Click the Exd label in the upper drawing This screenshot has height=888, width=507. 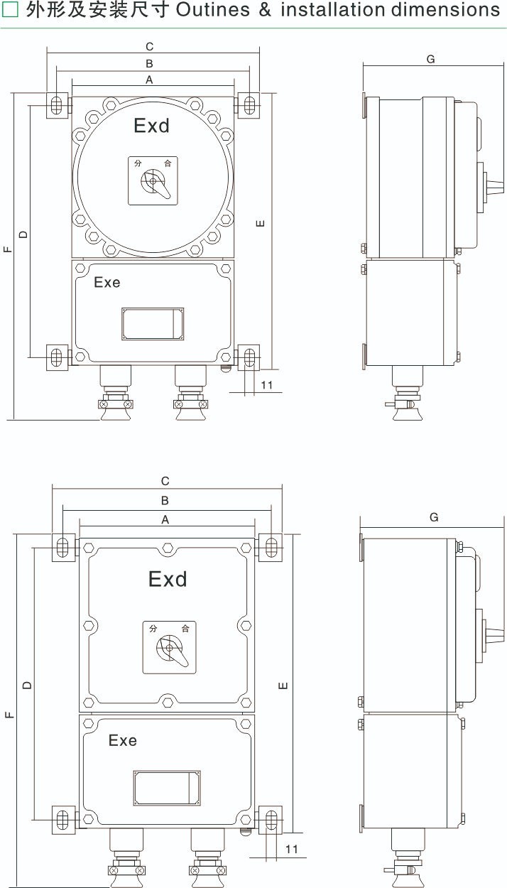coord(152,126)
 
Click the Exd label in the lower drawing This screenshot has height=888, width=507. coord(168,579)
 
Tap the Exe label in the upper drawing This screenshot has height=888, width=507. coord(107,282)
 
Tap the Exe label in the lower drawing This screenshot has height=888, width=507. coord(122,740)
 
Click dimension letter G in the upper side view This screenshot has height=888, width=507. coord(431,60)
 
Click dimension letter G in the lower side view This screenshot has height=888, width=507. coord(434,517)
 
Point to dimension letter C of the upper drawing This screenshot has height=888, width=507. coord(149,47)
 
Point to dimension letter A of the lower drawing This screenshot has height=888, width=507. coord(165,519)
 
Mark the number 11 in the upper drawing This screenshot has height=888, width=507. coord(267,385)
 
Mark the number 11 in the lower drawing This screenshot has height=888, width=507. coord(291,849)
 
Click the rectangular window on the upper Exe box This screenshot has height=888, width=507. coord(153,324)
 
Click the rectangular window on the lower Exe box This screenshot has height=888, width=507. coord(167,788)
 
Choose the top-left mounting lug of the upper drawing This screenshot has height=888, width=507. coord(58,105)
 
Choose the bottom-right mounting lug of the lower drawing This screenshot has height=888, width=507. coord(271,820)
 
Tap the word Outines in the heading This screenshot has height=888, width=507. coord(213,9)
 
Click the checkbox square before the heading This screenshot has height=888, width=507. coord(10,10)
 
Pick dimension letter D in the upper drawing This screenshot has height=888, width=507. coord(23,234)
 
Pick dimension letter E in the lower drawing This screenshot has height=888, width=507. coord(283,686)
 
